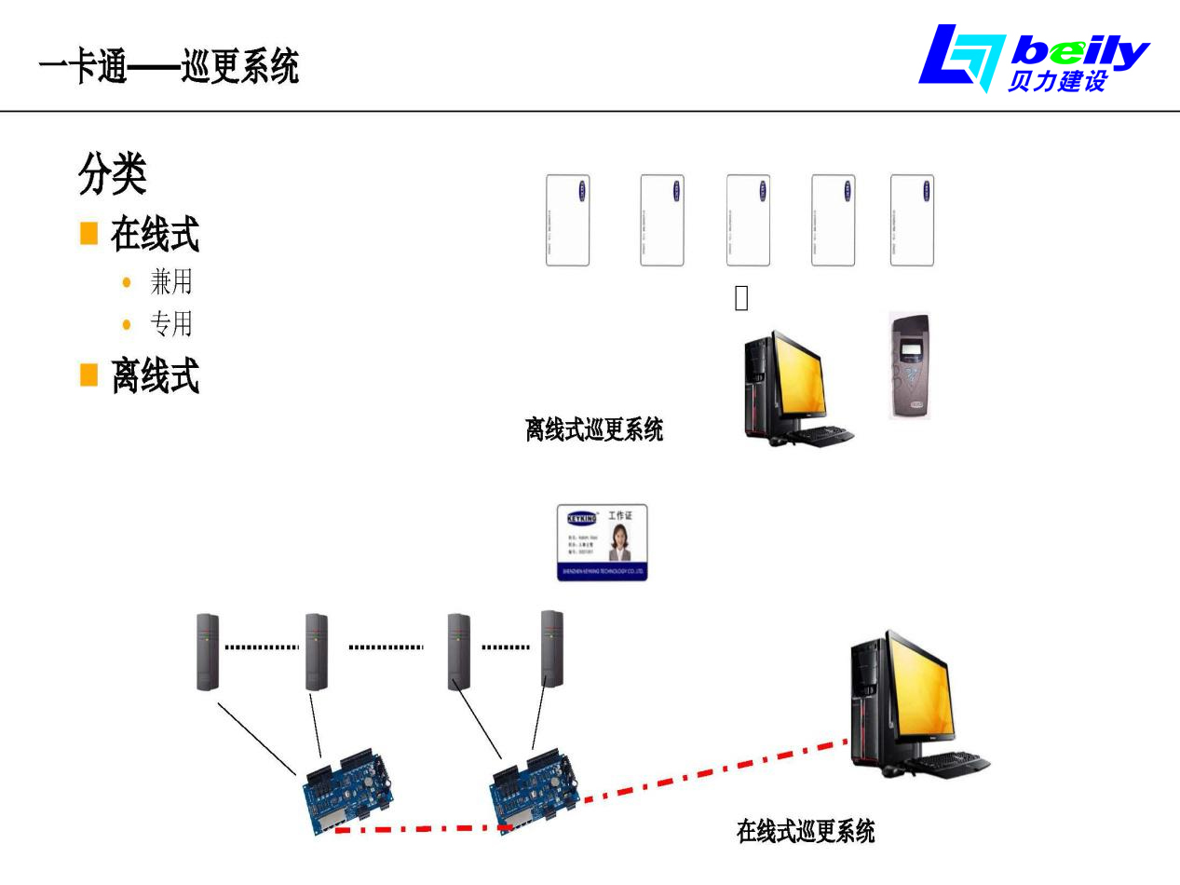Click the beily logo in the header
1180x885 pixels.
point(1034,58)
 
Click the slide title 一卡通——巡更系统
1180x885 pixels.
point(169,67)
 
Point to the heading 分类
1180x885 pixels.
point(112,174)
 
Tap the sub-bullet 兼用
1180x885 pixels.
point(170,280)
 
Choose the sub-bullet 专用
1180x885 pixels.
point(170,324)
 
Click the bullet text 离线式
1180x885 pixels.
point(155,376)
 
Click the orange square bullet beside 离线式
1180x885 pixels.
point(88,375)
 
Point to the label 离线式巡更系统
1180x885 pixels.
point(594,429)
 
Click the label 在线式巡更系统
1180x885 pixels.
point(806,831)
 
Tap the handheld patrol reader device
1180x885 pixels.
point(908,366)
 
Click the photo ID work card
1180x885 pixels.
point(602,542)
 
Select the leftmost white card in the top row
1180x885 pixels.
point(567,220)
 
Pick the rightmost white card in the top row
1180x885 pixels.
point(912,220)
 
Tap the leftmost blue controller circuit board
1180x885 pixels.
point(351,789)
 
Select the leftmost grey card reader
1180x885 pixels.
point(208,651)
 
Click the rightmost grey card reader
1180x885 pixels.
point(552,648)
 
